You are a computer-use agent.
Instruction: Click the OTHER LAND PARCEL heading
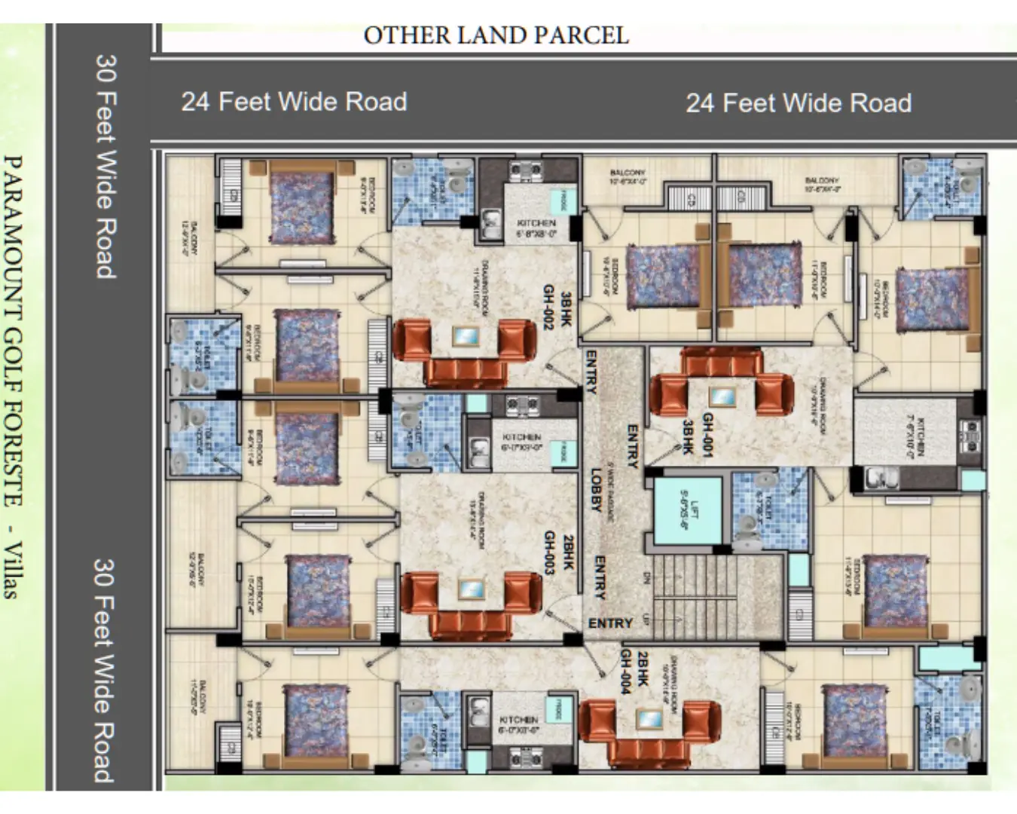[496, 35]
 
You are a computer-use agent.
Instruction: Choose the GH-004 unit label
[628, 673]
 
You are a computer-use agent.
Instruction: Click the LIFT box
[687, 510]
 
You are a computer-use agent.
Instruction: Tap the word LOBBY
[596, 490]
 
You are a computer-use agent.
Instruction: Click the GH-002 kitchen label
[536, 228]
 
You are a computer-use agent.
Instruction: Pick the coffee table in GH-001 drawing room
[722, 396]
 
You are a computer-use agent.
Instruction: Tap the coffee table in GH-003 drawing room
[471, 589]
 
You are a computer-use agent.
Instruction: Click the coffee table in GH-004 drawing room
[649, 719]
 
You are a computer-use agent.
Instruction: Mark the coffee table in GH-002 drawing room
[465, 336]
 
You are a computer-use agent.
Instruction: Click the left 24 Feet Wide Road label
[294, 101]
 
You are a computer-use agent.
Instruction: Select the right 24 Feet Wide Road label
[799, 103]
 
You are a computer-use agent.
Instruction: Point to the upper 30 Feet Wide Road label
[106, 166]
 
